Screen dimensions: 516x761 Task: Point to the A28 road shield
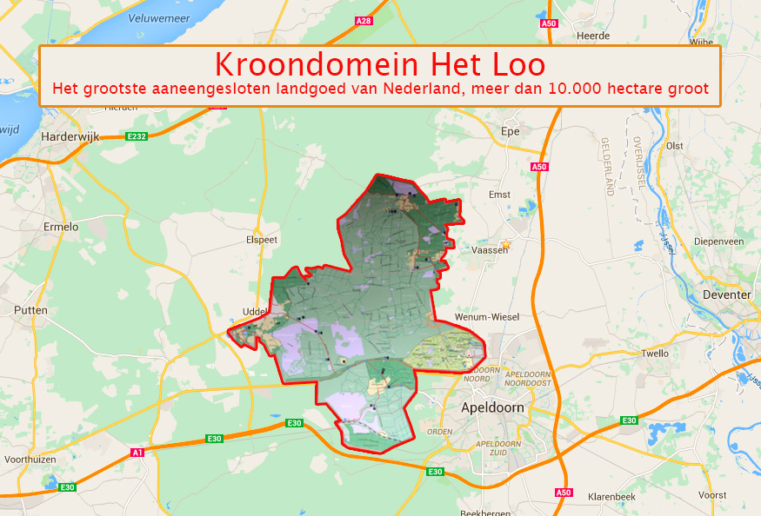(364, 20)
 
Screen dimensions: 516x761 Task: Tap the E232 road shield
(137, 136)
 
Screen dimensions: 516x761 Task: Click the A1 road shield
(137, 452)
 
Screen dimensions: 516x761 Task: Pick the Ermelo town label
(61, 227)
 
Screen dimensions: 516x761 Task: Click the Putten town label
(31, 310)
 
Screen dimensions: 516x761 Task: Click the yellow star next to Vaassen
(505, 246)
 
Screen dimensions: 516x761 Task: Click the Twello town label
(654, 354)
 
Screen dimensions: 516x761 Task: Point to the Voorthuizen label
(30, 459)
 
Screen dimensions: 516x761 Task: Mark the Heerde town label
(593, 36)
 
